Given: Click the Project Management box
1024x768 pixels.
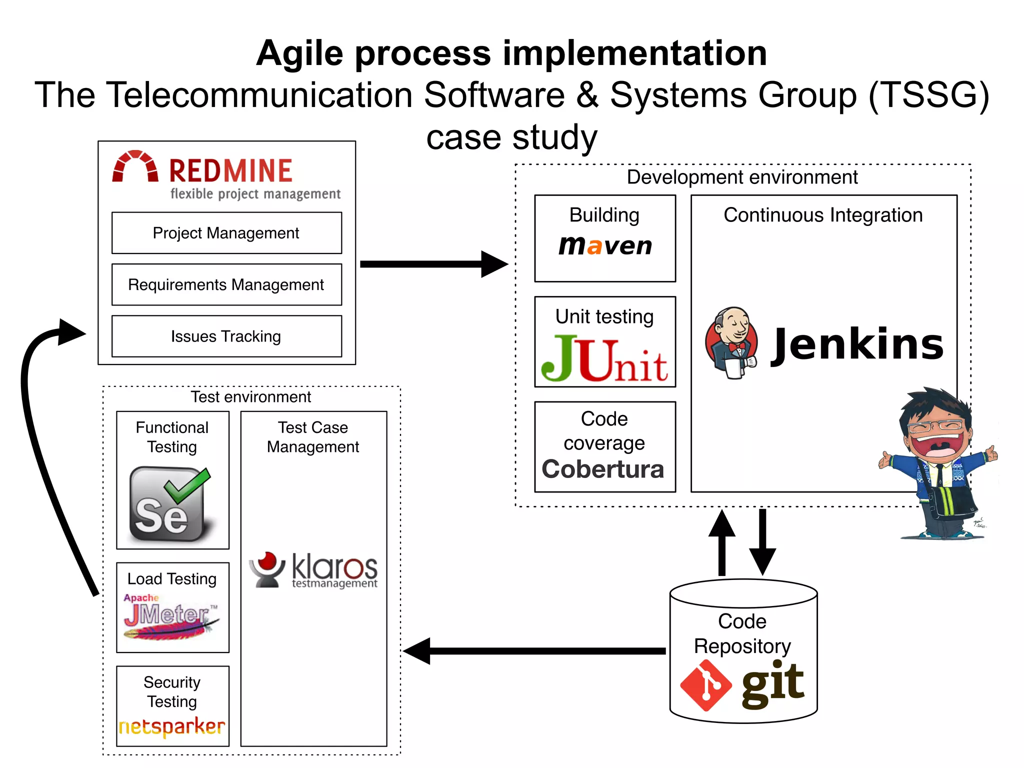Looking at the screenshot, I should [x=226, y=233].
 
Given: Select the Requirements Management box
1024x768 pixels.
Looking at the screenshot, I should [x=226, y=284].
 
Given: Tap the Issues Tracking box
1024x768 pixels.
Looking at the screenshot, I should [x=226, y=336].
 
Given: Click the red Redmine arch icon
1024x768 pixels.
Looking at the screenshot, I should [x=135, y=166].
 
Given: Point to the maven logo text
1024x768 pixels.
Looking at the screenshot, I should [x=605, y=245].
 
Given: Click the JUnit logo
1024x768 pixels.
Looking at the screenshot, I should [x=604, y=358].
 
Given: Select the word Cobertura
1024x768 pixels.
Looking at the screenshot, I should [x=603, y=469].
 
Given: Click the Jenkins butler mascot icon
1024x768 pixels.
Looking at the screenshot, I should [x=731, y=343].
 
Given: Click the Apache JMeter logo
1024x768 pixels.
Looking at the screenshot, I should [x=170, y=616].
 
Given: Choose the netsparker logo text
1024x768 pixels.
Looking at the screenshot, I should [x=172, y=726].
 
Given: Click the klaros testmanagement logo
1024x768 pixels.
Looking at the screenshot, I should [x=313, y=570].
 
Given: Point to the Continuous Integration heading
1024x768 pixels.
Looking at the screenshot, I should [x=823, y=215].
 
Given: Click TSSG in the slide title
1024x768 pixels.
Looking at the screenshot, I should [x=928, y=95].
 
